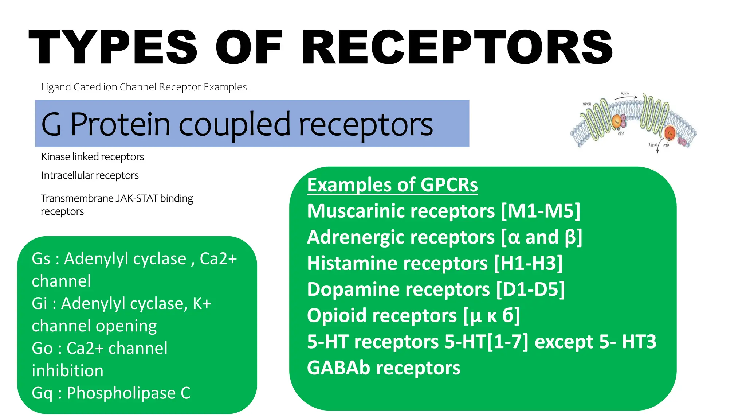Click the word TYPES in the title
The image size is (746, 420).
pyautogui.click(x=113, y=48)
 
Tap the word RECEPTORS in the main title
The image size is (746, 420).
pyautogui.click(x=457, y=48)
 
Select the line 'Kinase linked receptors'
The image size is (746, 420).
pyautogui.click(x=92, y=157)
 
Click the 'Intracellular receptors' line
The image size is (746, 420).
pyautogui.click(x=90, y=175)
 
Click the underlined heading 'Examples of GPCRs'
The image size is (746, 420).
pyautogui.click(x=392, y=185)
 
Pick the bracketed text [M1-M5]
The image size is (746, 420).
pyautogui.click(x=541, y=211)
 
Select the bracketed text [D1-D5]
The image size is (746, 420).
pyautogui.click(x=531, y=289)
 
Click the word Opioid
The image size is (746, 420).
pyautogui.click(x=336, y=316)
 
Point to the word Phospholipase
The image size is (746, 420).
pyautogui.click(x=121, y=393)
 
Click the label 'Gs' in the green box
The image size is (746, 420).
pyautogui.click(x=41, y=259)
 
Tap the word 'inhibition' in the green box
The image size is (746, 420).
pyautogui.click(x=67, y=371)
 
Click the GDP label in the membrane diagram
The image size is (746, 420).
pyautogui.click(x=621, y=134)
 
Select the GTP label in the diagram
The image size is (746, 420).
pyautogui.click(x=666, y=146)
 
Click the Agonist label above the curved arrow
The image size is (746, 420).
pyautogui.click(x=625, y=94)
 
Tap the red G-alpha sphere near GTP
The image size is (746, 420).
pyautogui.click(x=670, y=133)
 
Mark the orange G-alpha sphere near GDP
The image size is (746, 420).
pyautogui.click(x=617, y=122)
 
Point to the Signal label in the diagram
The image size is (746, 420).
pyautogui.click(x=652, y=145)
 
